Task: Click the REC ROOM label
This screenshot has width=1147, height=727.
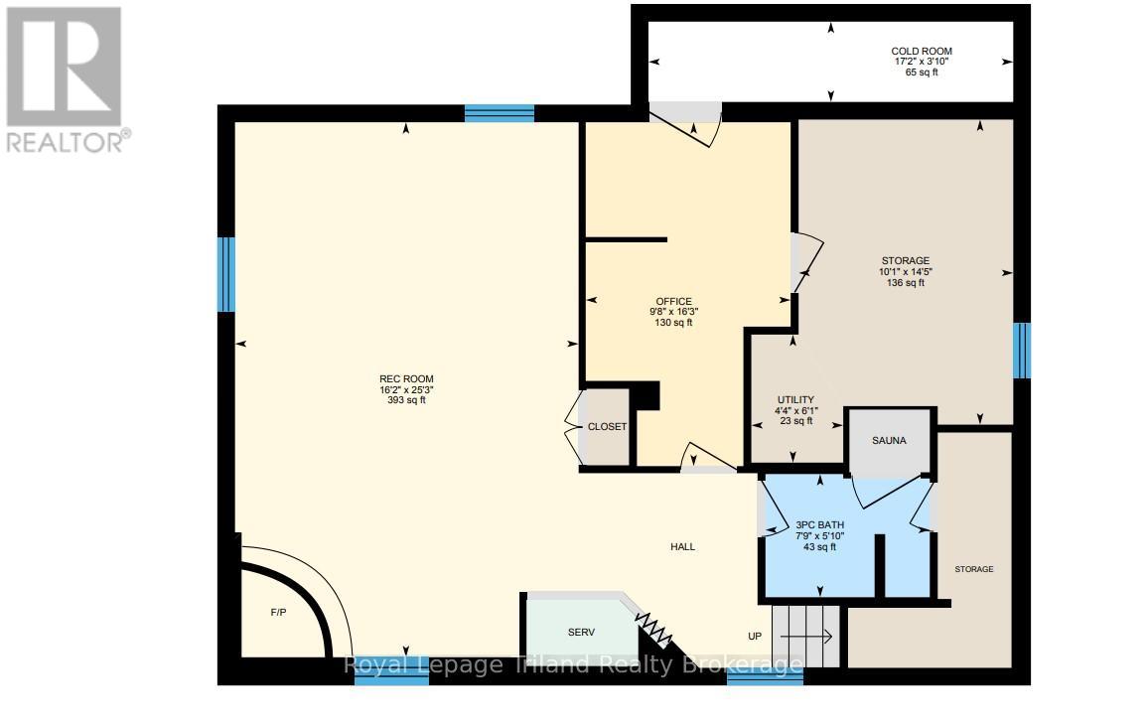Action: [x=406, y=378]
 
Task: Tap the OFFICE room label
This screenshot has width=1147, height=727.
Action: [x=673, y=302]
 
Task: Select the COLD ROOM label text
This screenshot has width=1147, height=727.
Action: [x=923, y=51]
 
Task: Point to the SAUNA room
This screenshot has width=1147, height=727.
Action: [x=890, y=440]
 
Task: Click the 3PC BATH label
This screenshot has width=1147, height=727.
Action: [x=819, y=524]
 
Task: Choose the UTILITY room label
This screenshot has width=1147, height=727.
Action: [x=795, y=398]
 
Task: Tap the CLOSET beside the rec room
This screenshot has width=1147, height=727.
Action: [x=607, y=426]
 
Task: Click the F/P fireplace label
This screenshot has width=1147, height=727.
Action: [x=278, y=612]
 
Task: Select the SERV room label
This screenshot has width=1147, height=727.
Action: [x=581, y=632]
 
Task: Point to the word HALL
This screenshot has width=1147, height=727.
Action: [x=682, y=547]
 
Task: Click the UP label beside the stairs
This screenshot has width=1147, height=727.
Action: [x=755, y=636]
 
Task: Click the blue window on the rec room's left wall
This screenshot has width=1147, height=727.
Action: [x=226, y=274]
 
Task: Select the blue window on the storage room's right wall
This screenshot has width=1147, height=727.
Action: [x=1021, y=351]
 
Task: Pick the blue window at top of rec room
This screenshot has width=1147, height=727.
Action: [x=499, y=113]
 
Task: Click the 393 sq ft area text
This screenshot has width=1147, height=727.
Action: [x=406, y=401]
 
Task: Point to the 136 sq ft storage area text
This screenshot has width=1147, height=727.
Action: [x=905, y=283]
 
